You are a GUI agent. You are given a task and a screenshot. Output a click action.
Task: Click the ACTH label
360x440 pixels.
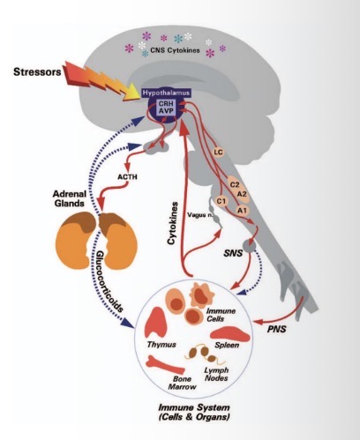coord(128,175)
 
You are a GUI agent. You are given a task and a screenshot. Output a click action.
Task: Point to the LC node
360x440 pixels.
coord(219,153)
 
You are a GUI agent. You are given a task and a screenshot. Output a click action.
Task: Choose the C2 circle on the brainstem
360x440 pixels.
coord(234,185)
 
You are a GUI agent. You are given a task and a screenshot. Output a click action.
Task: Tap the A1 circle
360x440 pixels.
coord(241,210)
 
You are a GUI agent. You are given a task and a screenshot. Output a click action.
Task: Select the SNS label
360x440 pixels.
coord(233,251)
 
